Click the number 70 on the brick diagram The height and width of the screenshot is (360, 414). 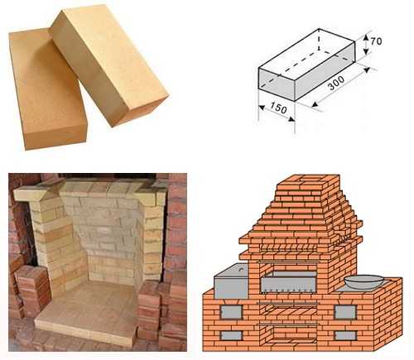pos(376,41)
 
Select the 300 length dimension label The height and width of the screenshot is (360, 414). pos(336,83)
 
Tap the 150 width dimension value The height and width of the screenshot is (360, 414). pos(278,108)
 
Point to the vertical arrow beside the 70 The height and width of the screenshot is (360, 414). pos(366,44)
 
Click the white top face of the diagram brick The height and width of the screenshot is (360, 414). pos(306,48)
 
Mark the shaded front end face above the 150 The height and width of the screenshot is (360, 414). pos(277,84)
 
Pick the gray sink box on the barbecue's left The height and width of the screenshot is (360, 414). pos(232,281)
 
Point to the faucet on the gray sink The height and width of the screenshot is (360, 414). pos(241,268)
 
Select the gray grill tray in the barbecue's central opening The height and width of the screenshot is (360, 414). pos(288,282)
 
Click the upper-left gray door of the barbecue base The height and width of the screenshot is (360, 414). pos(231,312)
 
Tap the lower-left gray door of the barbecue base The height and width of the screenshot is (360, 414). pos(232,335)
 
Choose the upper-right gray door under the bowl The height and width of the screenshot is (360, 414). pos(345,312)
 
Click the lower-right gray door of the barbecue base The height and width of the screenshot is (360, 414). pos(345,335)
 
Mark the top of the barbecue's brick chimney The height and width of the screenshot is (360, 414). pos(309,180)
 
